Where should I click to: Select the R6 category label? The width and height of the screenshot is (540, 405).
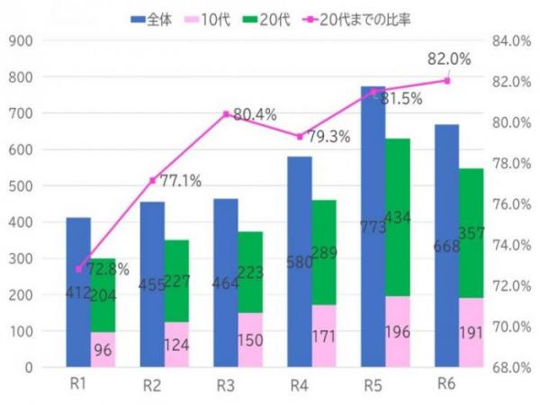click(x=447, y=384)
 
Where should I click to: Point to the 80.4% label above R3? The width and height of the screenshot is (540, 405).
click(x=254, y=115)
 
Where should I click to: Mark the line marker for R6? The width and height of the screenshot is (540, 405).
click(x=447, y=81)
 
